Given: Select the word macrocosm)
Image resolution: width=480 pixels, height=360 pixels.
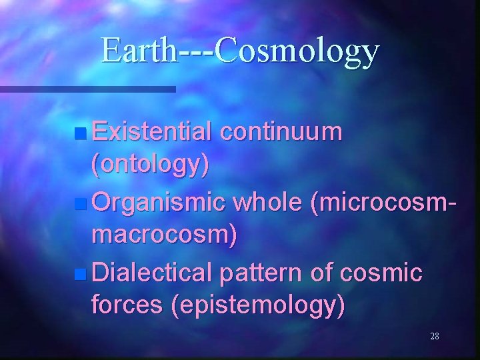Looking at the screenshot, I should (164, 236).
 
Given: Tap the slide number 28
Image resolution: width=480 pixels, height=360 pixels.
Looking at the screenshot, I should (435, 336).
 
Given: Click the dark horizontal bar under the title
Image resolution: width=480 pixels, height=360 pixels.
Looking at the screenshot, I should (87, 89).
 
